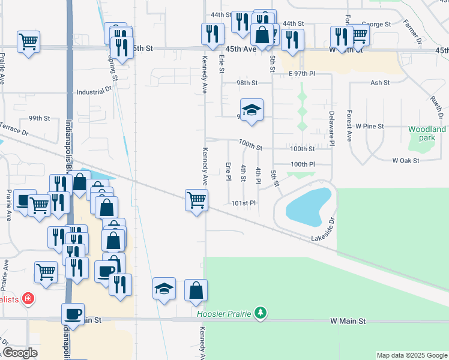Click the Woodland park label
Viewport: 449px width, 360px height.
pyautogui.click(x=427, y=133)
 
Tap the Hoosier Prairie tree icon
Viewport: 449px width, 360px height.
pyautogui.click(x=260, y=313)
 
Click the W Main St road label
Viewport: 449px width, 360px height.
pyautogui.click(x=348, y=322)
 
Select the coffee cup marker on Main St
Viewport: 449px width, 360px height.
pyautogui.click(x=73, y=314)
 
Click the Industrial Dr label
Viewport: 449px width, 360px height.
pyautogui.click(x=94, y=92)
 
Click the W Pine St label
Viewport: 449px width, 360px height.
pyautogui.click(x=369, y=127)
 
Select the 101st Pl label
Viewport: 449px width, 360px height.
pyautogui.click(x=244, y=203)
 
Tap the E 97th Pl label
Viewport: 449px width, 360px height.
pyautogui.click(x=301, y=73)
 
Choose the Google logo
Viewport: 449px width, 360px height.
pyautogui.click(x=20, y=353)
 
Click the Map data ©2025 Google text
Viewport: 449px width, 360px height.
pyautogui.click(x=411, y=355)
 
